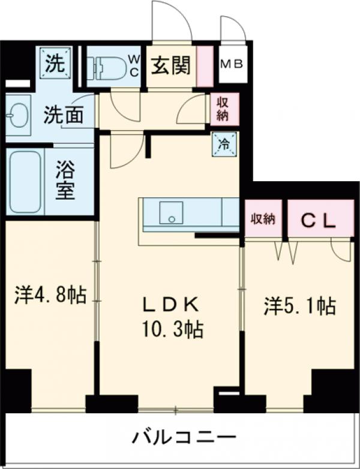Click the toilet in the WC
107,67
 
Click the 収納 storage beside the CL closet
263,220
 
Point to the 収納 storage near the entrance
223,109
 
